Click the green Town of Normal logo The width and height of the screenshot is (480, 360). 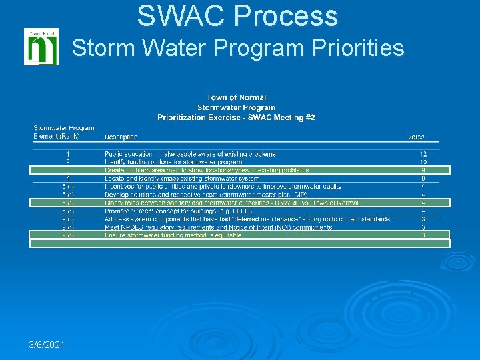click(41, 47)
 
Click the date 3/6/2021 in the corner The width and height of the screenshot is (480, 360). click(47, 345)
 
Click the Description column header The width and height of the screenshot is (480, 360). click(121, 137)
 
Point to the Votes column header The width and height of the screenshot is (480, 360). click(416, 137)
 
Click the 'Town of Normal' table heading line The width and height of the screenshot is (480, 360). click(236, 98)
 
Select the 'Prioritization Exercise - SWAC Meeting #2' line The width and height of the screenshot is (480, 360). click(236, 117)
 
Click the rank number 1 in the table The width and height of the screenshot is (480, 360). click(68, 154)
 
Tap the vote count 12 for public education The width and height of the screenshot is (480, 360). click(423, 154)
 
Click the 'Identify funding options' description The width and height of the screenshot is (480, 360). click(173, 162)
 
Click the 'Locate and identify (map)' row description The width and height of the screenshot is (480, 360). click(182, 178)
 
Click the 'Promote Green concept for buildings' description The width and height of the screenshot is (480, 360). click(177, 211)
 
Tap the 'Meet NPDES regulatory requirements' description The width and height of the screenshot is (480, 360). click(219, 227)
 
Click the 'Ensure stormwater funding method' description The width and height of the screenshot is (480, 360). click(173, 235)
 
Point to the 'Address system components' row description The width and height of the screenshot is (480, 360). click(247, 219)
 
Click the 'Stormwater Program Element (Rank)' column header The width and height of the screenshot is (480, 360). click(64, 132)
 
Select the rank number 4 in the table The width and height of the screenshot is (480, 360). click(68, 178)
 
